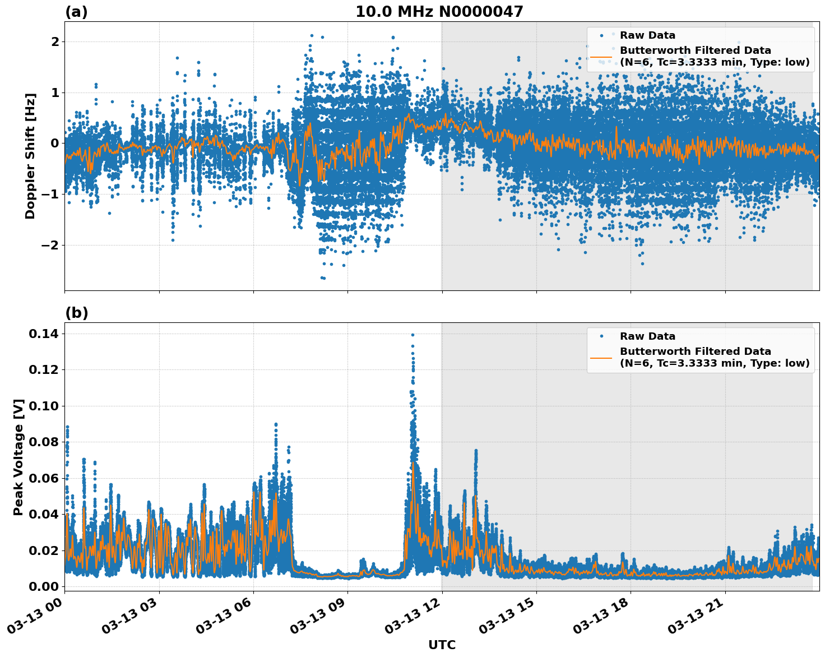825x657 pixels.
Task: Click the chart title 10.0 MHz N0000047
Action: coord(439,12)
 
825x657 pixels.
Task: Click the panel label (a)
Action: coord(76,12)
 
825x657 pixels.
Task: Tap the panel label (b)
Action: coord(76,313)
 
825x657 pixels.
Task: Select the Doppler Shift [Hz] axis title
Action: coord(30,156)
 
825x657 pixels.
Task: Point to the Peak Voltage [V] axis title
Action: coord(18,457)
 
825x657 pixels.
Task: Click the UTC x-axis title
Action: coord(442,645)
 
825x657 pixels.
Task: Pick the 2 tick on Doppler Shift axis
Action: coord(54,42)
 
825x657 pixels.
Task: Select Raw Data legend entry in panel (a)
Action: coord(647,35)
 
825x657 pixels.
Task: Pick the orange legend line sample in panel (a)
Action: coord(601,57)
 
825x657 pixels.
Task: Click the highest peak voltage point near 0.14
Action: coord(412,335)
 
